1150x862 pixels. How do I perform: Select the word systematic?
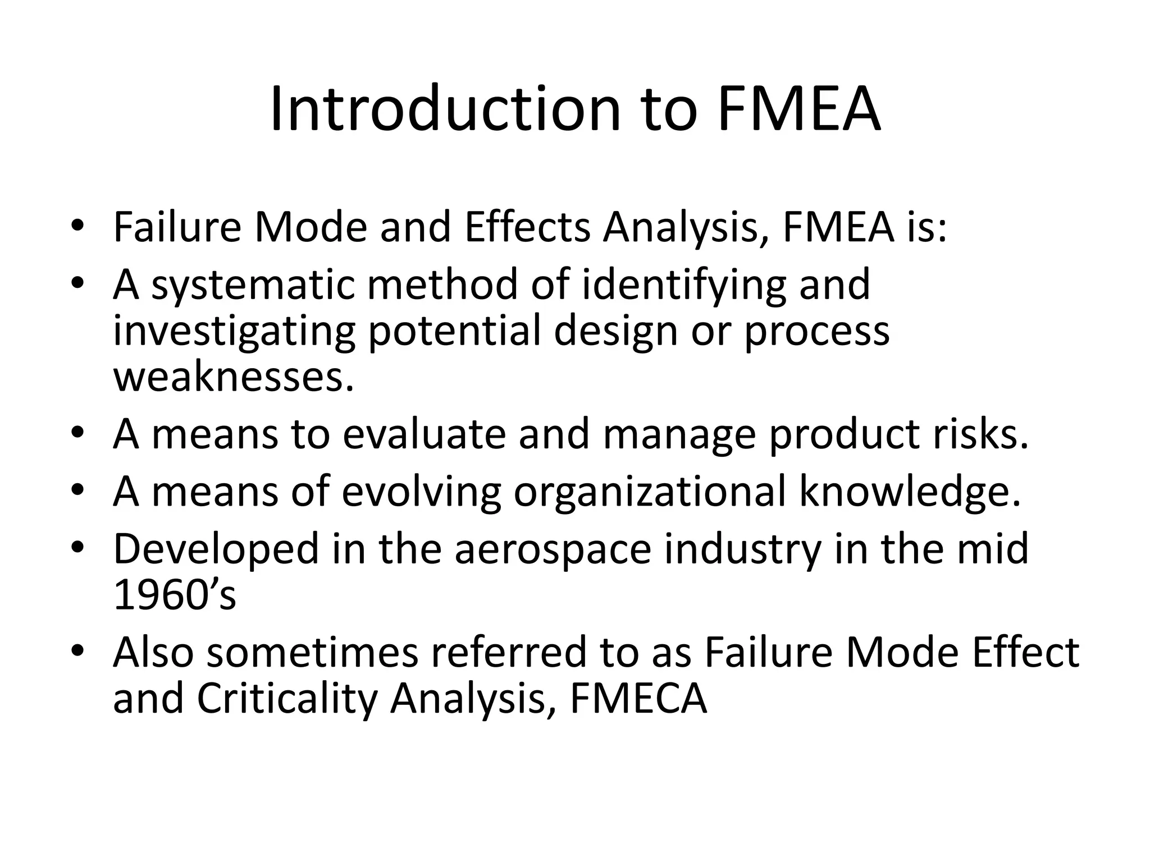(x=253, y=285)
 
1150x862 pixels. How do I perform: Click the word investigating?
(x=234, y=331)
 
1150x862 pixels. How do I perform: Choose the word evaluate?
(x=424, y=435)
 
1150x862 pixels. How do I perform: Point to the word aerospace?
(x=553, y=549)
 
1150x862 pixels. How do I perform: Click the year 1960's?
(x=175, y=595)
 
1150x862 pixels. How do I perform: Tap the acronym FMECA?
(x=638, y=699)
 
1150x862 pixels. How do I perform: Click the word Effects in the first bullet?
(x=527, y=228)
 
